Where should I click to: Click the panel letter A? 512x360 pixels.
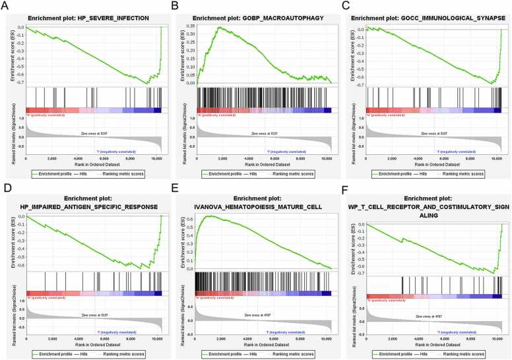pos(6,6)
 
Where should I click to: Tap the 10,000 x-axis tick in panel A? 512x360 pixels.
pos(156,158)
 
